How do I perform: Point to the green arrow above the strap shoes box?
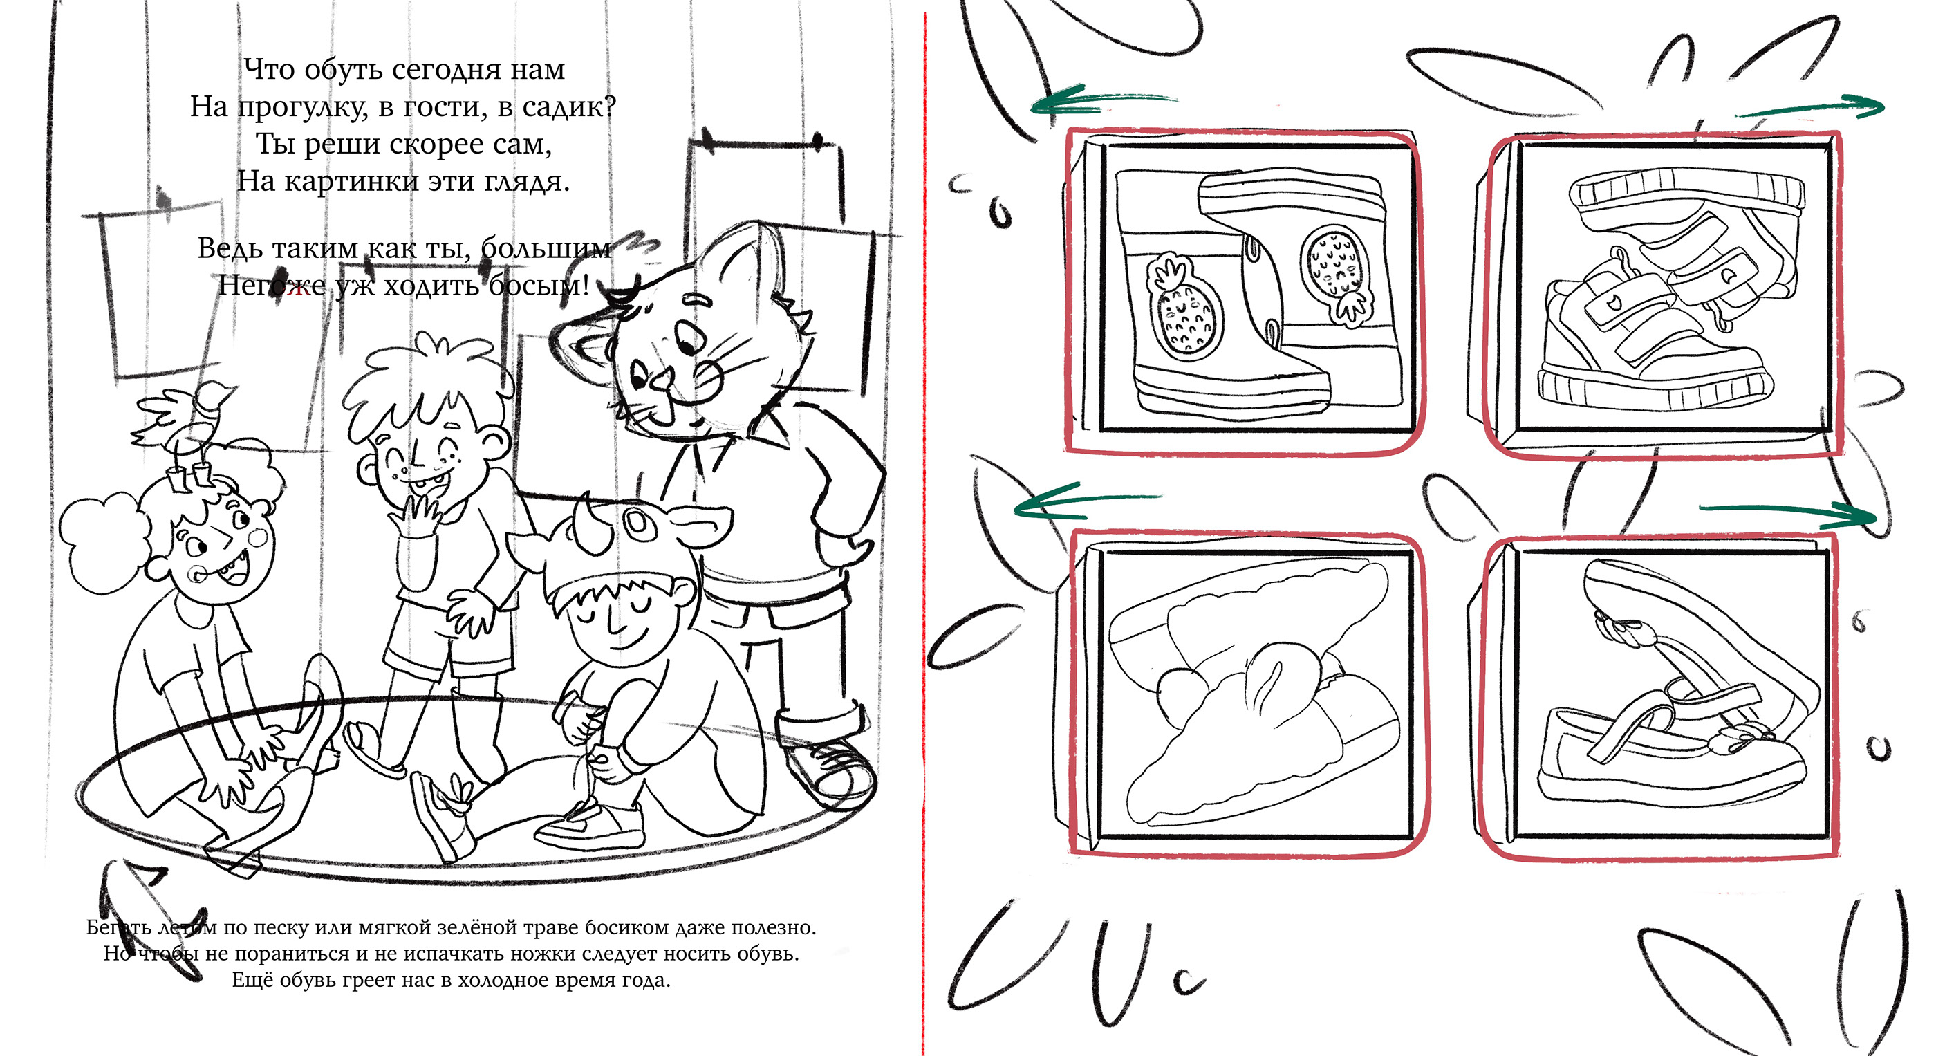tap(1789, 513)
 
